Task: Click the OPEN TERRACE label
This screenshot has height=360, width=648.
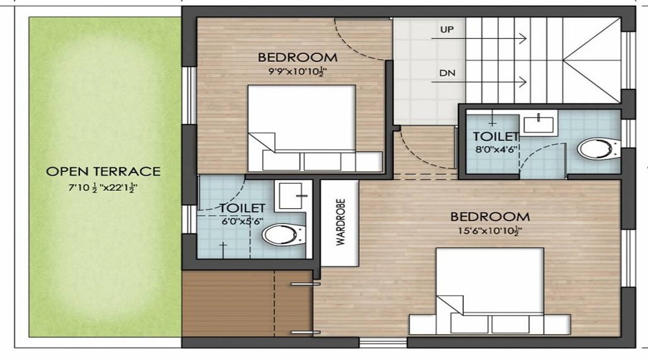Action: coord(103,171)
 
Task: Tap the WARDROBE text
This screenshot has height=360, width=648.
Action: coord(341,223)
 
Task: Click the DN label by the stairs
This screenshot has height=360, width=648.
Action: coord(448,73)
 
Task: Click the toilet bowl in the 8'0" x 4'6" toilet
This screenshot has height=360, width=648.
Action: coord(596,149)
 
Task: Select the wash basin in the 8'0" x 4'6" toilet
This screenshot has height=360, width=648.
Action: coord(539,124)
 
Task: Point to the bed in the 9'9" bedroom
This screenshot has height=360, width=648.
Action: coord(302,127)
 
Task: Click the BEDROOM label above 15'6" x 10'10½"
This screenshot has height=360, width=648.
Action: coord(490,216)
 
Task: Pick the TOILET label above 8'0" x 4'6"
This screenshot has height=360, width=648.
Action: coord(495,137)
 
